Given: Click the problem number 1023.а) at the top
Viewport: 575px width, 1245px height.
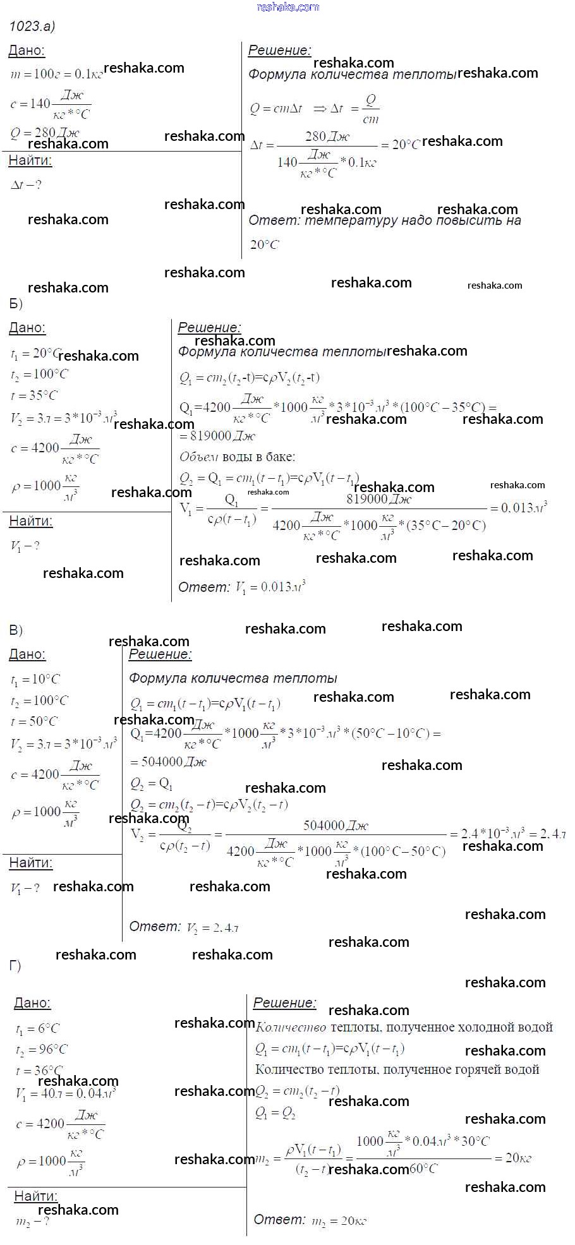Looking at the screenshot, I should [x=32, y=26].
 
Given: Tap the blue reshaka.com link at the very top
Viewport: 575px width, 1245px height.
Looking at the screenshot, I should [x=288, y=7].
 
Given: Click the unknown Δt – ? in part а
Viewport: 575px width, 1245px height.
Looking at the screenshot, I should [x=26, y=185].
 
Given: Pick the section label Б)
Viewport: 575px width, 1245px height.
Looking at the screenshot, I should [x=16, y=304].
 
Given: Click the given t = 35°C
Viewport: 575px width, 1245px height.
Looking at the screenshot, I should [x=34, y=395].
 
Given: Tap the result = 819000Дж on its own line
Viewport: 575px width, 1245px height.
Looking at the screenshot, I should [x=217, y=436].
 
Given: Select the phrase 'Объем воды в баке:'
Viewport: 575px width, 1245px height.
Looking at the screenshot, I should [x=237, y=457].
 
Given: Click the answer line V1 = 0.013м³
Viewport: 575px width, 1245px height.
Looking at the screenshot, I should [x=242, y=587].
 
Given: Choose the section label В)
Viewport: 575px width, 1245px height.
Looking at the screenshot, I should [x=16, y=630].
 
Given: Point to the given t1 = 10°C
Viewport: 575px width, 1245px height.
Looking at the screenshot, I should [x=35, y=680].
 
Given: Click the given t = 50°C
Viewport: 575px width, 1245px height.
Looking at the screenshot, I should [x=34, y=721].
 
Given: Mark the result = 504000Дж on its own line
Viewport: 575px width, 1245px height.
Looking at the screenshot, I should [x=168, y=762].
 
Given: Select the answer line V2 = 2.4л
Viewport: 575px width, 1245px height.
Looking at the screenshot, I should [x=184, y=927].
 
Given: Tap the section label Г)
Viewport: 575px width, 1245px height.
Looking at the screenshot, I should [x=15, y=966].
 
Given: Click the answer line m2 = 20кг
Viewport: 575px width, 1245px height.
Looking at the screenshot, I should [x=310, y=1220].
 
